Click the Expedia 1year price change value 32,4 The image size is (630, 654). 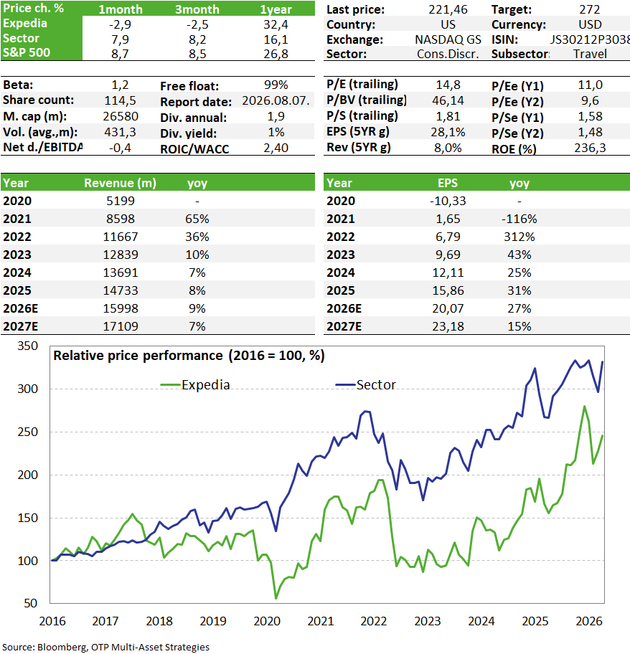pyautogui.click(x=276, y=24)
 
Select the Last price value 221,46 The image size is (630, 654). pyautogui.click(x=448, y=9)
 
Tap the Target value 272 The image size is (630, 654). pyautogui.click(x=590, y=9)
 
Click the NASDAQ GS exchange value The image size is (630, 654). pyautogui.click(x=448, y=39)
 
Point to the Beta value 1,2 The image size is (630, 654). pyautogui.click(x=120, y=85)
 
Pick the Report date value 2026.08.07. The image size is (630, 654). pyautogui.click(x=276, y=100)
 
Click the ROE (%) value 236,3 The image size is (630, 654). pyautogui.click(x=590, y=148)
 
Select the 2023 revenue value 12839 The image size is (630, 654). pyautogui.click(x=121, y=255)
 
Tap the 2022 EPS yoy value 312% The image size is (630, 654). pyautogui.click(x=519, y=237)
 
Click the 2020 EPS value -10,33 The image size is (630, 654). pyautogui.click(x=448, y=201)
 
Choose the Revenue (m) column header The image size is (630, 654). pyautogui.click(x=120, y=183)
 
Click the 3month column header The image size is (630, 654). pyautogui.click(x=197, y=9)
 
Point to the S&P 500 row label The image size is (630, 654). pyautogui.click(x=27, y=52)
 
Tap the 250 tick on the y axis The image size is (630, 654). pyautogui.click(x=27, y=432)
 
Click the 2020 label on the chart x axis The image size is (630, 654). pyautogui.click(x=267, y=621)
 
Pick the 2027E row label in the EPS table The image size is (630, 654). pyautogui.click(x=344, y=326)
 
